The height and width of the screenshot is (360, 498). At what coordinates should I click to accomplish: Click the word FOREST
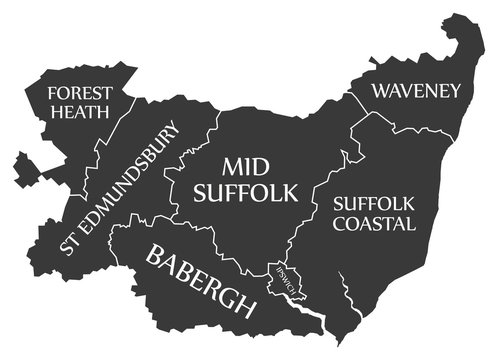point(79,93)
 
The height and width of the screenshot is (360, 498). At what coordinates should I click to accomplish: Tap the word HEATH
point(79,112)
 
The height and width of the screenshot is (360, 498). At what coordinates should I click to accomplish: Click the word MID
point(245,165)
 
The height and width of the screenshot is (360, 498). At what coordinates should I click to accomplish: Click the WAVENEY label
point(416,91)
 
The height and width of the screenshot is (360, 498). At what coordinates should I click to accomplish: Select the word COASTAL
point(373,224)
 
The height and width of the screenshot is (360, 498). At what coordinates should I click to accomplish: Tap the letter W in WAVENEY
point(381,91)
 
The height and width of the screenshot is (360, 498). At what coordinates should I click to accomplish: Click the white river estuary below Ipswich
point(300,319)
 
